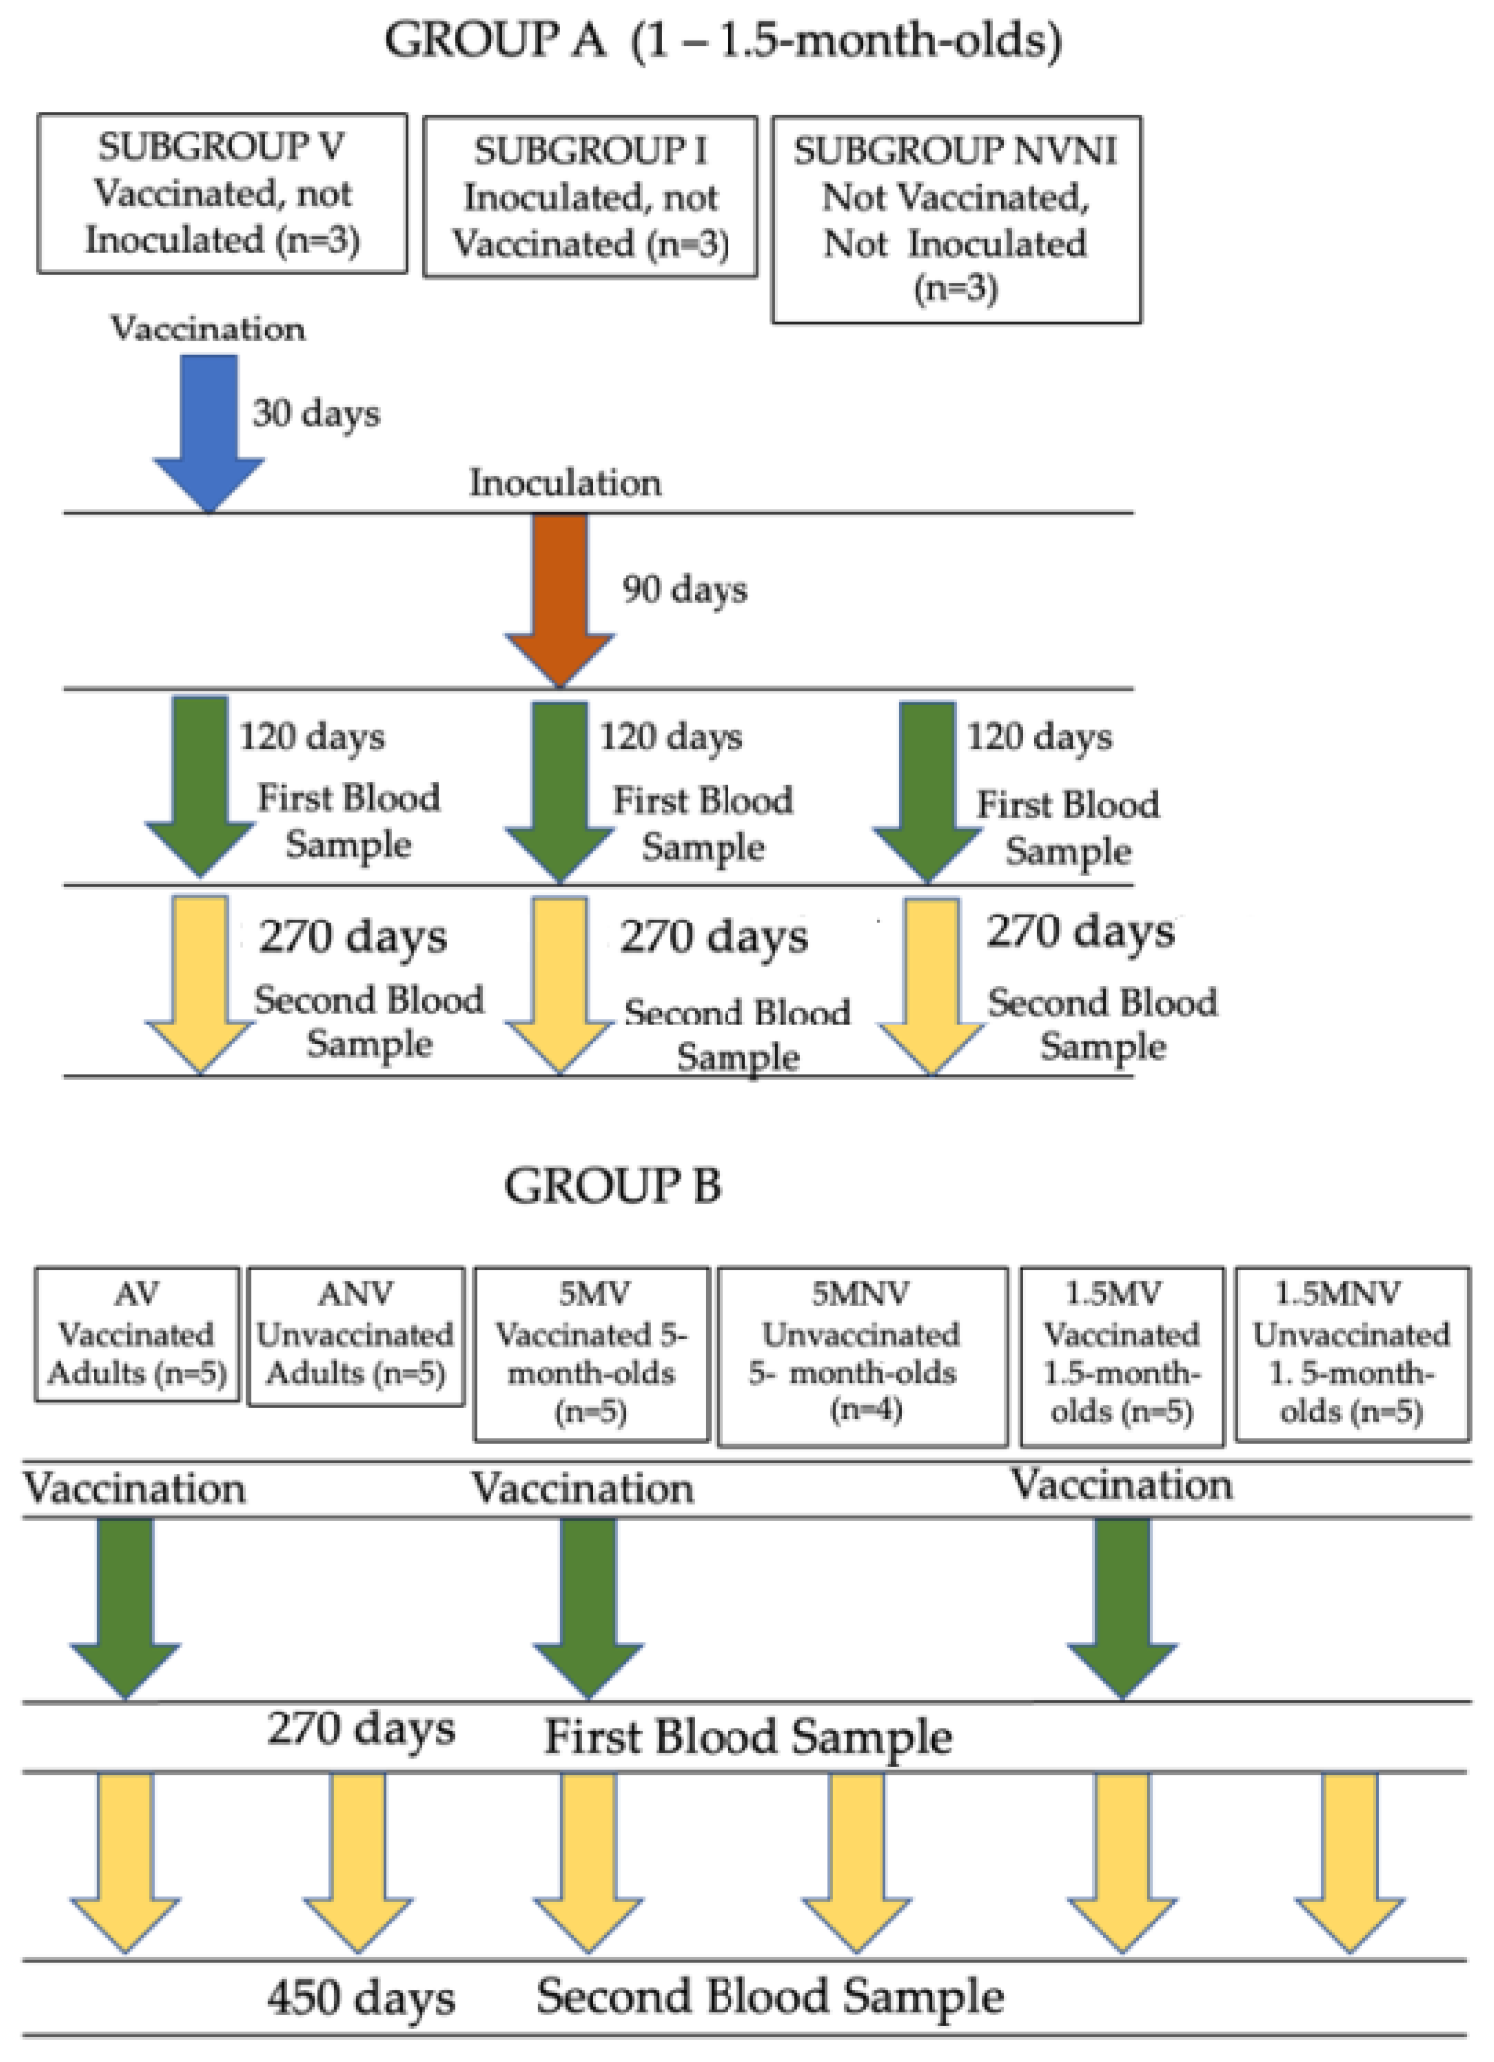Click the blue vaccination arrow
[x=209, y=427]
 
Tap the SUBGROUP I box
[x=590, y=196]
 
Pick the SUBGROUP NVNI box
[x=956, y=219]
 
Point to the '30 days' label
[x=315, y=414]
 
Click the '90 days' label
[x=684, y=589]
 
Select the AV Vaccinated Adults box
[x=137, y=1334]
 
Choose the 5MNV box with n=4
[x=862, y=1355]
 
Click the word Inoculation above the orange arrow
[x=565, y=483]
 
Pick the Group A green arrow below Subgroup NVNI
[x=927, y=786]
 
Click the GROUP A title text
[x=722, y=41]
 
